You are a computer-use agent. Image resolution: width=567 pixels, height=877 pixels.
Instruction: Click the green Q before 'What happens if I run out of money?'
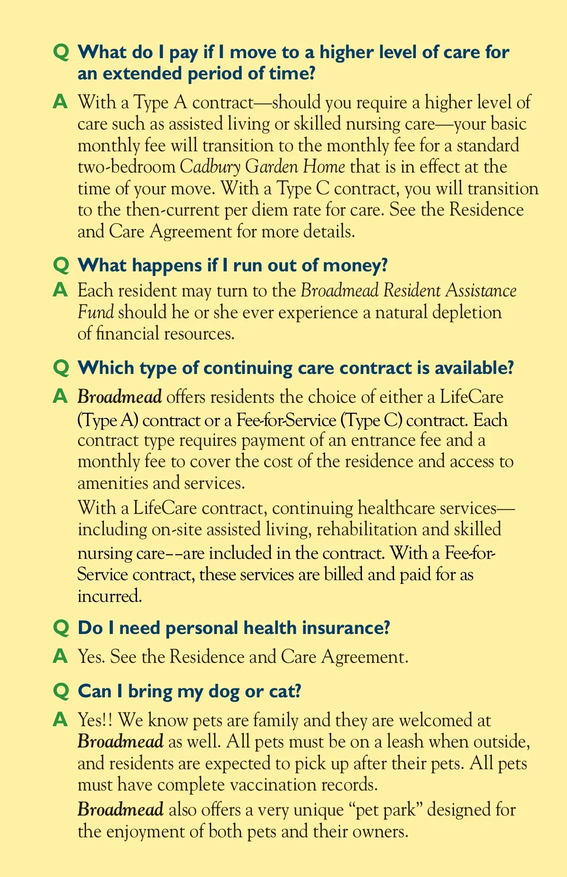[61, 265]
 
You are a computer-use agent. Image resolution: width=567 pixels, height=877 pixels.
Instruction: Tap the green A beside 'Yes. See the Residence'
[60, 656]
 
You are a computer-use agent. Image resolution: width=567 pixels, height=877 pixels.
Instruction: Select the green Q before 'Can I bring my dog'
[61, 691]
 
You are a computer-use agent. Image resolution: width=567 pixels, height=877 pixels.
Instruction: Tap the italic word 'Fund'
[95, 313]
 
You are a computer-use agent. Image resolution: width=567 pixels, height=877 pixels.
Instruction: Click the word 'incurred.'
[110, 596]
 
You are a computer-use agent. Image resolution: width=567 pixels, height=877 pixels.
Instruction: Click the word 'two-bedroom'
[127, 167]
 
